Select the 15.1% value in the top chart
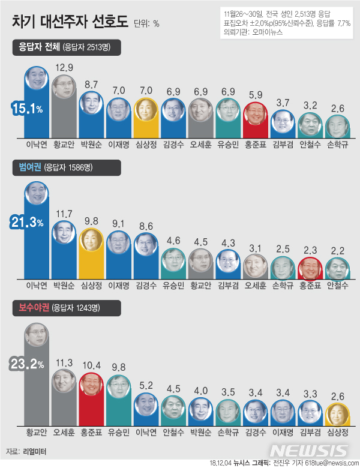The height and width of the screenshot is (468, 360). click(26, 109)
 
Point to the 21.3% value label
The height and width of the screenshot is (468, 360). click(26, 223)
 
